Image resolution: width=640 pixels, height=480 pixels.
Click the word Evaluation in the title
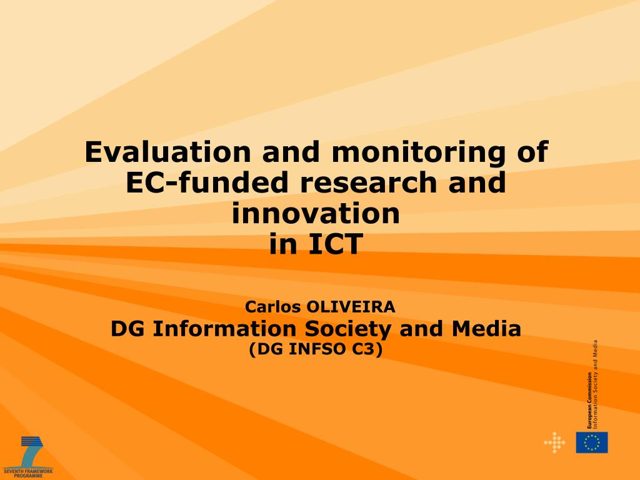pos(167,152)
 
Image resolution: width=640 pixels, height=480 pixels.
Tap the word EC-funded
pos(207,182)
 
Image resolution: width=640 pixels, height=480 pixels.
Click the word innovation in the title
pos(316,213)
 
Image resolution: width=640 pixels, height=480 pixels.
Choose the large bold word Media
pos(486,329)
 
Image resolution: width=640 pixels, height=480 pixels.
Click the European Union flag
pos(592,442)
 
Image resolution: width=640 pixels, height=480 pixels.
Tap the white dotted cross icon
pos(554,442)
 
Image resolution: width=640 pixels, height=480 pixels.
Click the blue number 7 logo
pos(31,452)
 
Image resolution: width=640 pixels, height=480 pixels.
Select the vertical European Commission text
pos(589,400)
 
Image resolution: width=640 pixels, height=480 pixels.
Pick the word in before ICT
pos(283,244)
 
